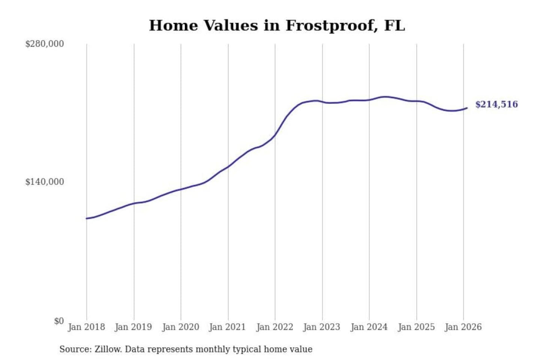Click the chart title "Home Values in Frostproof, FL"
277,25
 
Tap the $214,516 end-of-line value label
496,104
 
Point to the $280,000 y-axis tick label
45,44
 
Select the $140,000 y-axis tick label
45,182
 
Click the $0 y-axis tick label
59,321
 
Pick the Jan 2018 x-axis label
86,327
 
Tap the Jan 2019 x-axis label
133,327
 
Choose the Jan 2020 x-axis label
180,327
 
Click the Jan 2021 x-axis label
227,327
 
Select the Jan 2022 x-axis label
274,327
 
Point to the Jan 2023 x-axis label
321,327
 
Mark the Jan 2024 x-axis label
369,327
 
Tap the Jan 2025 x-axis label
416,327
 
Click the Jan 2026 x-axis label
463,327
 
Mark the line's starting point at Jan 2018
87,218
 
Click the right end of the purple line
467,108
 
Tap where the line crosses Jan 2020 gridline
181,189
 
